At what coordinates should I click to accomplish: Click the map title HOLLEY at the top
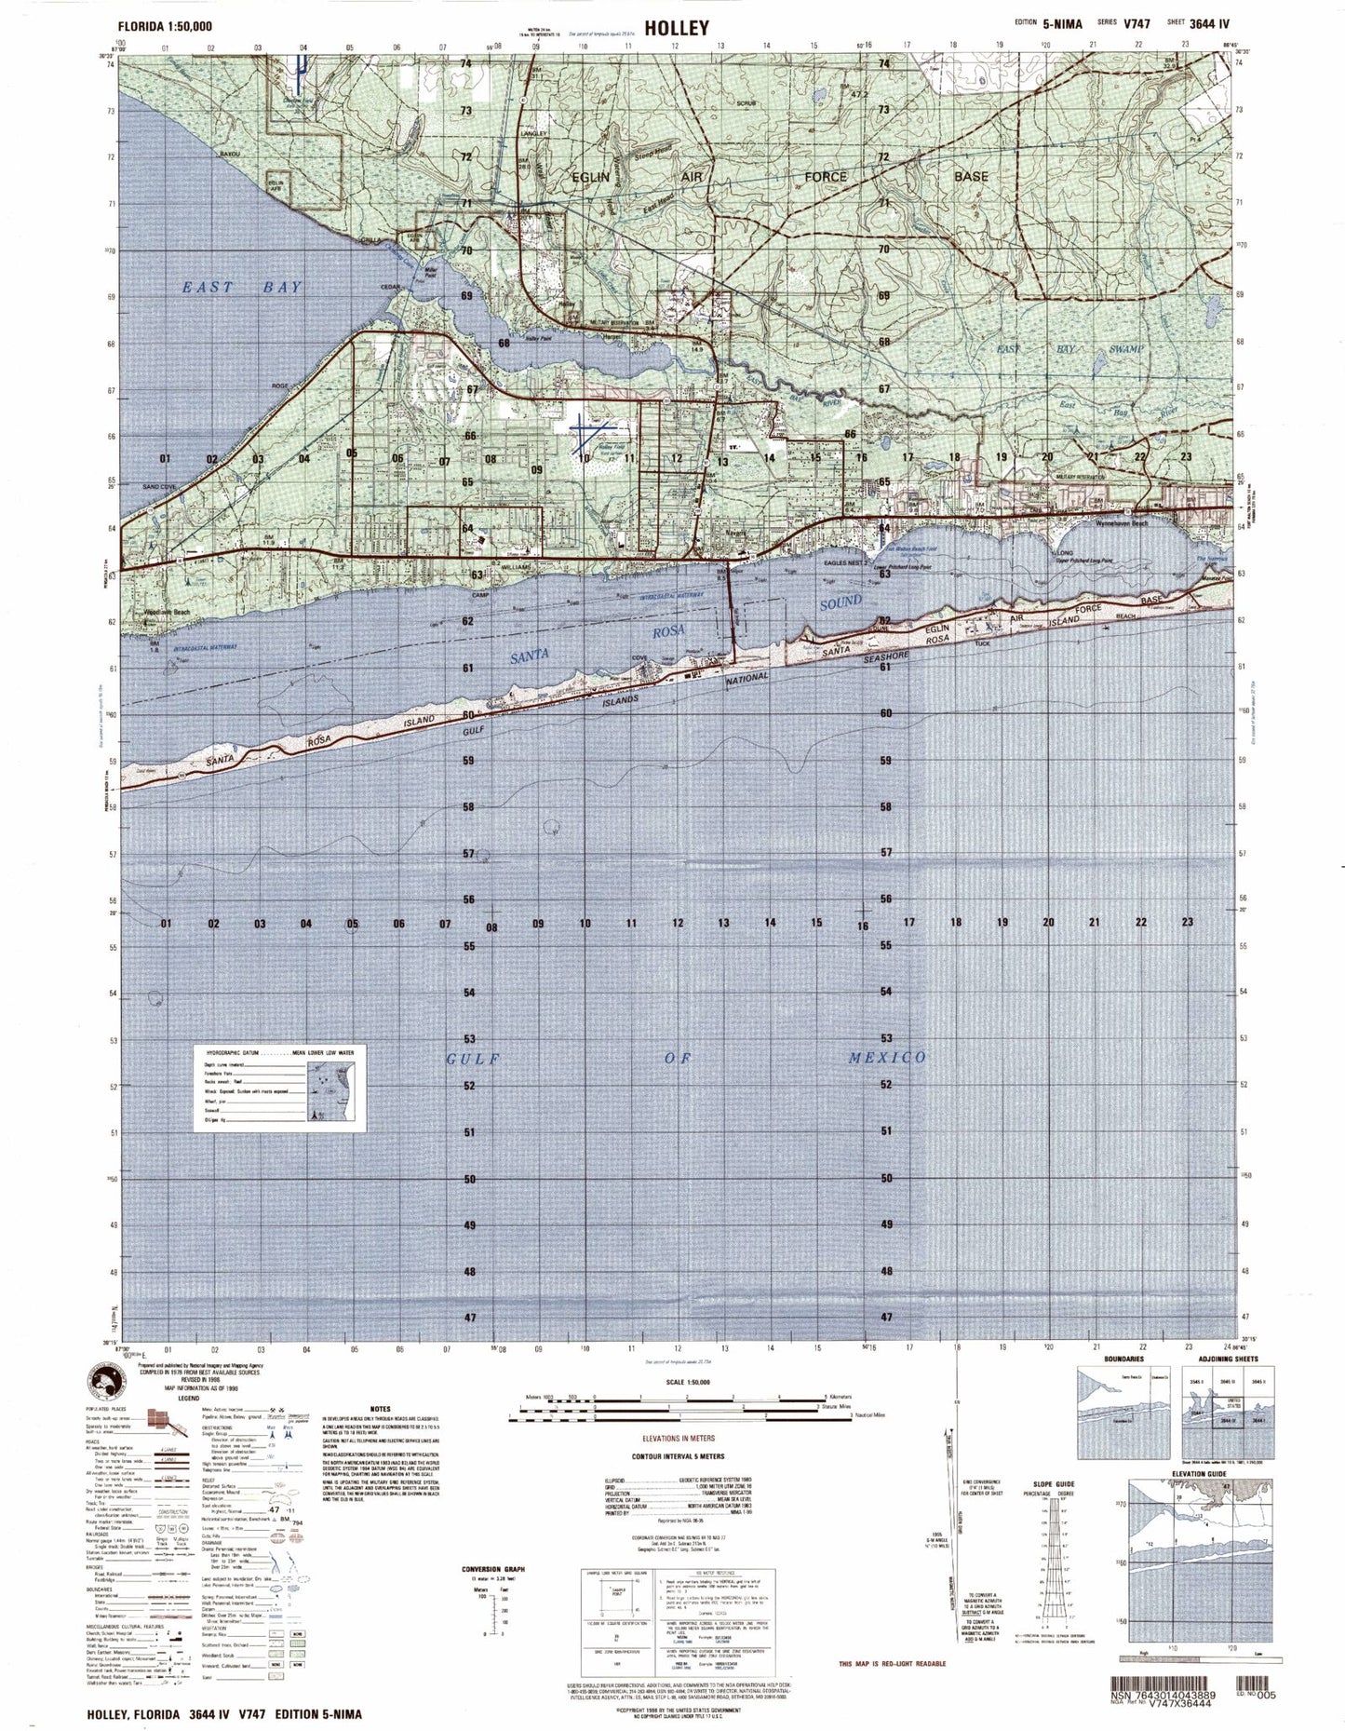[672, 28]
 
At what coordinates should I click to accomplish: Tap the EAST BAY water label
[242, 288]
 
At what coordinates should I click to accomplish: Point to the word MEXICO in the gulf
[887, 1057]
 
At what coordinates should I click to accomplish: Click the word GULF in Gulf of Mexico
[474, 1059]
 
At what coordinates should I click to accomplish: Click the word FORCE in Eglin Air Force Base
[826, 176]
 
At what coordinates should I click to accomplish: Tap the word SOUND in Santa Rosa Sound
[841, 602]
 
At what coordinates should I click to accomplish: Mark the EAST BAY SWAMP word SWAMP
[1121, 348]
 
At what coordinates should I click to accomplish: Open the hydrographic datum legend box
[280, 1088]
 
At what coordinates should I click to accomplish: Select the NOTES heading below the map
[380, 1410]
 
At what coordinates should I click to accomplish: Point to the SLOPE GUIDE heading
[1054, 1484]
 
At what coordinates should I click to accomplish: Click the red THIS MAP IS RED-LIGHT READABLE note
[892, 1663]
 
